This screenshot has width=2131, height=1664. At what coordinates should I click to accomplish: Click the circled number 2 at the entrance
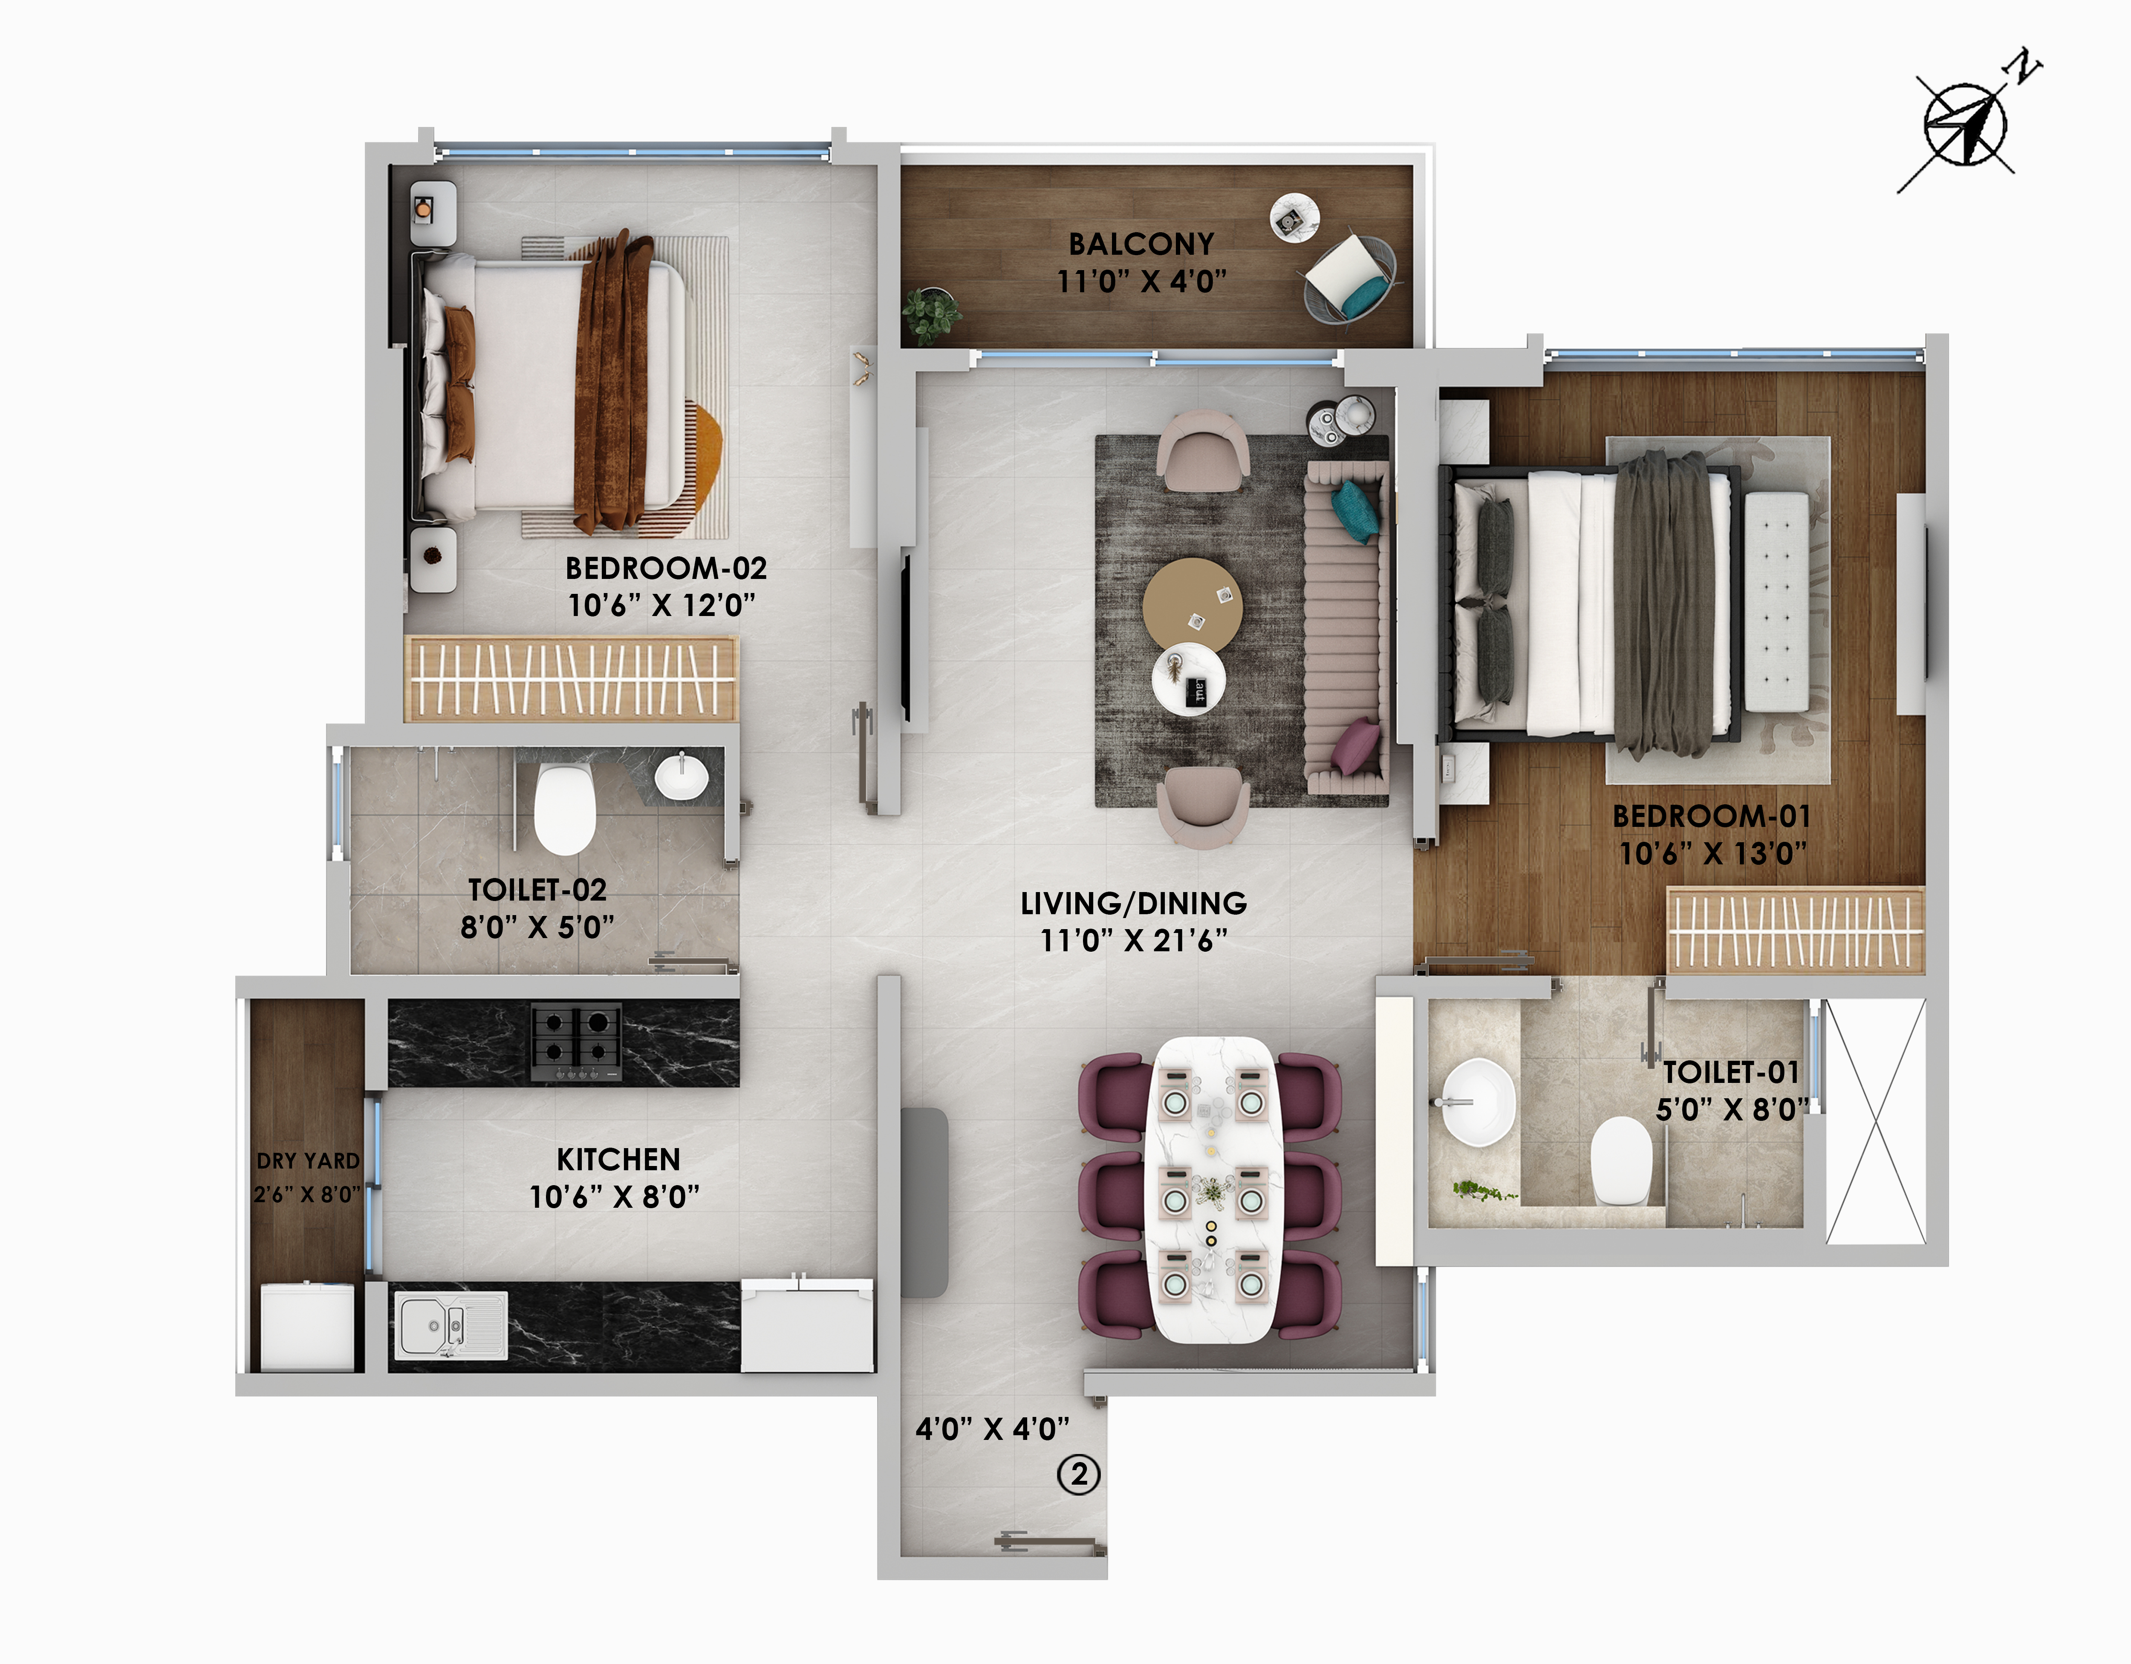[1079, 1474]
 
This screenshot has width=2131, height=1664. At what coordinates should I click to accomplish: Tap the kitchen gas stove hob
[576, 1042]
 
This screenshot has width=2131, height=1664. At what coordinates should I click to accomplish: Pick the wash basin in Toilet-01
[1478, 1102]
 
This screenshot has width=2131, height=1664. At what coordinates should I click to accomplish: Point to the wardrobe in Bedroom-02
[571, 678]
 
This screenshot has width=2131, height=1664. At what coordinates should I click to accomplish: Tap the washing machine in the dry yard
[307, 1327]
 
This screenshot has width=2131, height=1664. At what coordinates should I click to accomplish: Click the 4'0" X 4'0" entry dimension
[992, 1429]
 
